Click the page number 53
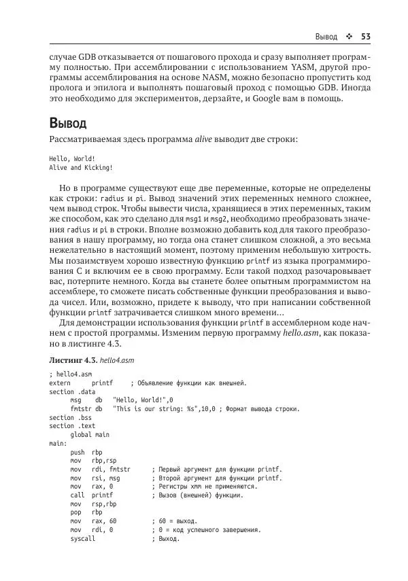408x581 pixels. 364,36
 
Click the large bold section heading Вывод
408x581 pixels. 68,124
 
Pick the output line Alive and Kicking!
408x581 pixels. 81,167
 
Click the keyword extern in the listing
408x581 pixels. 61,383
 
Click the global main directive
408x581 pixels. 90,435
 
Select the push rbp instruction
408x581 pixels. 86,453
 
